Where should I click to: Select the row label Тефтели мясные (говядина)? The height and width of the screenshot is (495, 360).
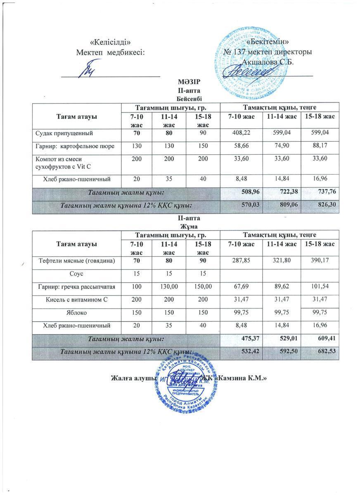pyautogui.click(x=77, y=261)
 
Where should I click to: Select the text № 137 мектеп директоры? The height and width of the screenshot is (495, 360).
pyautogui.click(x=267, y=52)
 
